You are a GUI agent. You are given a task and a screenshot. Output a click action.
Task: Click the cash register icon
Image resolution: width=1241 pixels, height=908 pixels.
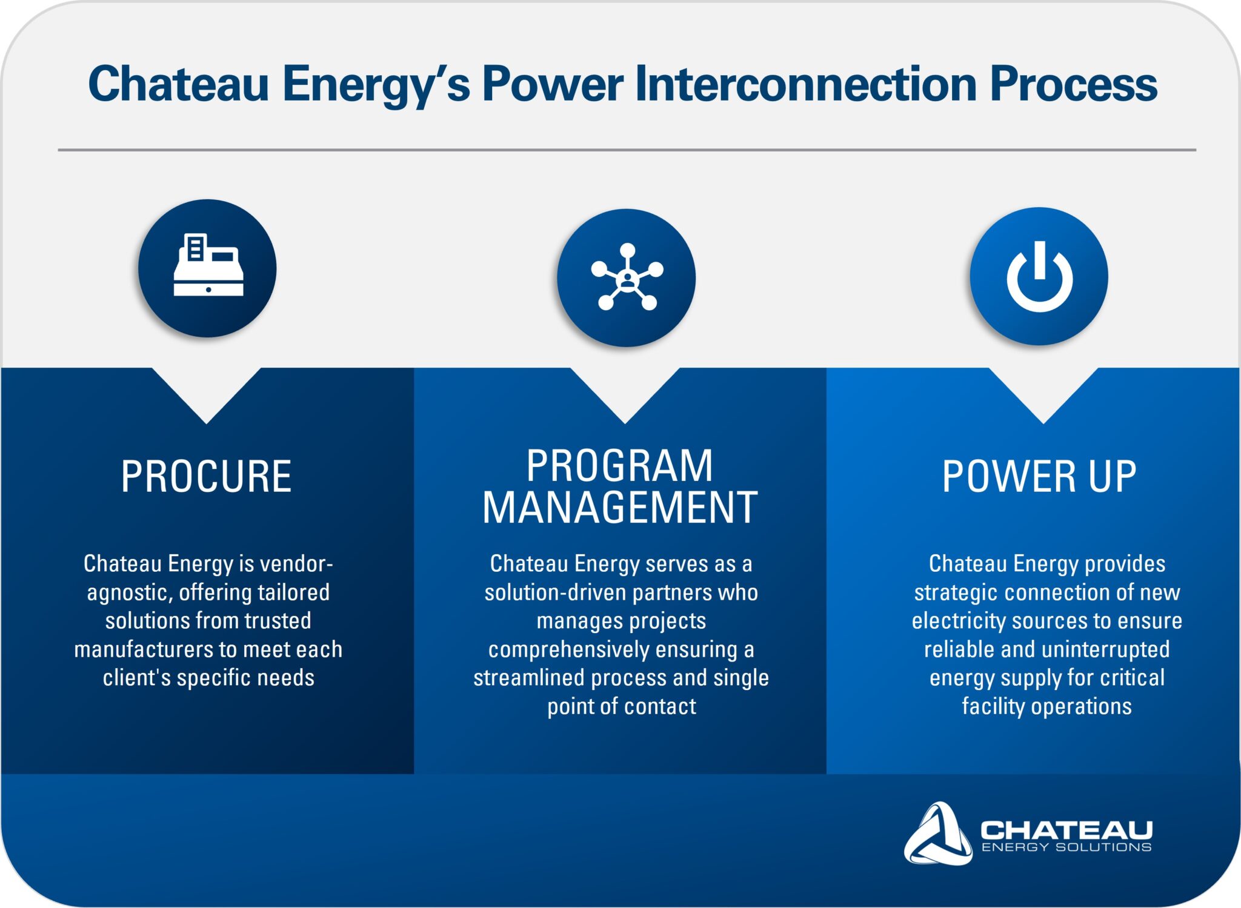click(208, 265)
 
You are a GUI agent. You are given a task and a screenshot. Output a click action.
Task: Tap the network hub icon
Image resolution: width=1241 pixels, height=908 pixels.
click(627, 277)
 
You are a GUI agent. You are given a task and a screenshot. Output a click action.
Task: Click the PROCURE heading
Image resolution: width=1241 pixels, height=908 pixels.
click(206, 476)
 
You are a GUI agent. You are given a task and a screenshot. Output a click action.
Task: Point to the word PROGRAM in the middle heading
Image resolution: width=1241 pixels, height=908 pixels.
click(620, 466)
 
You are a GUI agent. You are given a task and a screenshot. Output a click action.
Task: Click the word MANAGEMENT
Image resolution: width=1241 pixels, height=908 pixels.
click(620, 507)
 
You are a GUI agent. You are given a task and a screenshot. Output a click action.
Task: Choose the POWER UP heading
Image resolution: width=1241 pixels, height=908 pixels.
click(1039, 476)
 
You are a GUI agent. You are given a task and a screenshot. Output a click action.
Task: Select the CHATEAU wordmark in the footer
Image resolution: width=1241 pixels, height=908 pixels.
click(1066, 829)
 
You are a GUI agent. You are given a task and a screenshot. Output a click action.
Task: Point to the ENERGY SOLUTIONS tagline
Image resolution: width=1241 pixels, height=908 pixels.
click(1066, 847)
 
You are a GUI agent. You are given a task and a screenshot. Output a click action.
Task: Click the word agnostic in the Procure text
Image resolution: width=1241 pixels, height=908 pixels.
click(126, 593)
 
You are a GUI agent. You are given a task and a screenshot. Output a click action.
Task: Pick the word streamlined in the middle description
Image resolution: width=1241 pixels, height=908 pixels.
click(529, 678)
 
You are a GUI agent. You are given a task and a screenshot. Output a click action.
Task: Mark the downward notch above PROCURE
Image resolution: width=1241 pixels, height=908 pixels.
click(207, 396)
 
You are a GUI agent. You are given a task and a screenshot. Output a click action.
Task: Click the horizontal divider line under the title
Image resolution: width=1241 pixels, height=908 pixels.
click(627, 150)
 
